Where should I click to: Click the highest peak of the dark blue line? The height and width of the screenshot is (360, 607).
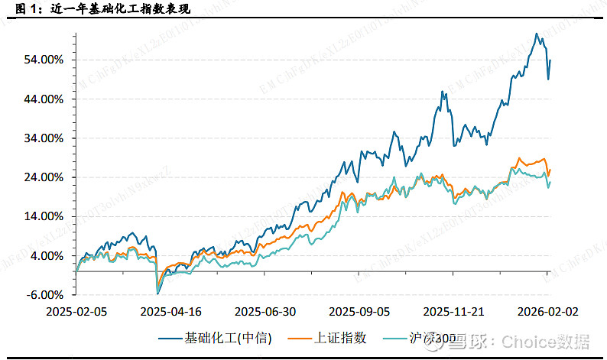(537, 34)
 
